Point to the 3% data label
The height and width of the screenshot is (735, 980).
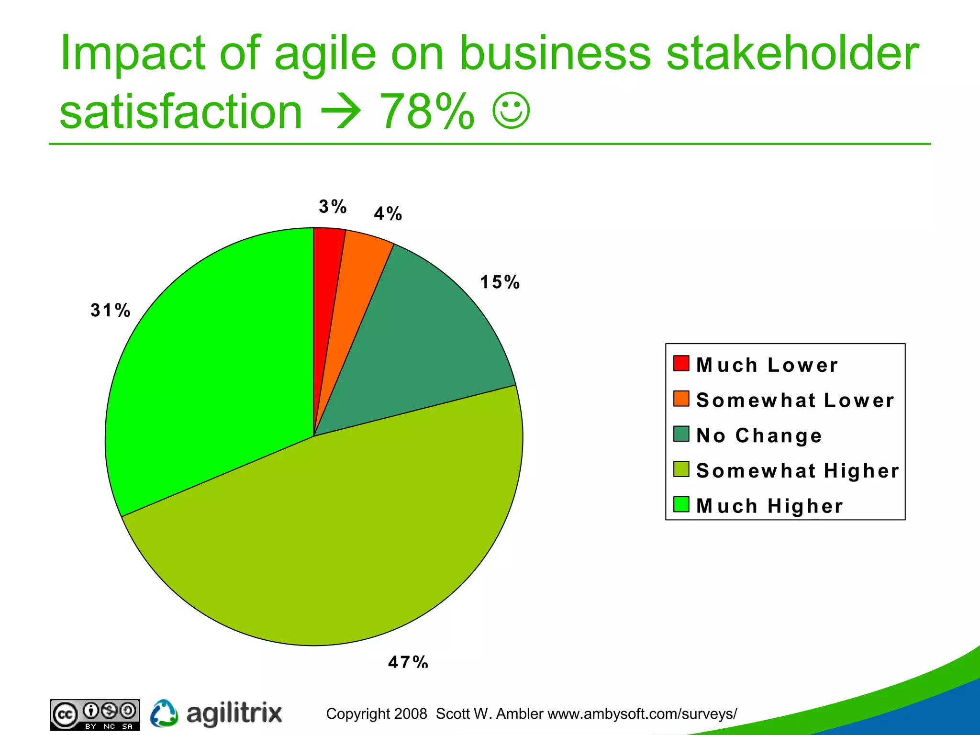point(333,207)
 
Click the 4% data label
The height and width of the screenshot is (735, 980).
point(388,214)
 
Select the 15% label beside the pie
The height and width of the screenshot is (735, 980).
point(500,282)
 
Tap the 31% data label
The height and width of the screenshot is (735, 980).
point(110,311)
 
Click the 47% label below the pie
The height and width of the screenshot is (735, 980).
point(408,661)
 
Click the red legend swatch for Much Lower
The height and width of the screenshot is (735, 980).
point(681,363)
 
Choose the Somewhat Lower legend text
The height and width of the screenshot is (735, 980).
point(795,400)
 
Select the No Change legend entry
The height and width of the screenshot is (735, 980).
point(759,435)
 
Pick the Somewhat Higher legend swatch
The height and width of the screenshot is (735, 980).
point(681,469)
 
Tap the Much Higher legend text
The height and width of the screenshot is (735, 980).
point(769,506)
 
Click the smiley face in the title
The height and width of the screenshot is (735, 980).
point(511,111)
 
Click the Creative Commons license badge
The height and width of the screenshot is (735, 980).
point(95,715)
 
